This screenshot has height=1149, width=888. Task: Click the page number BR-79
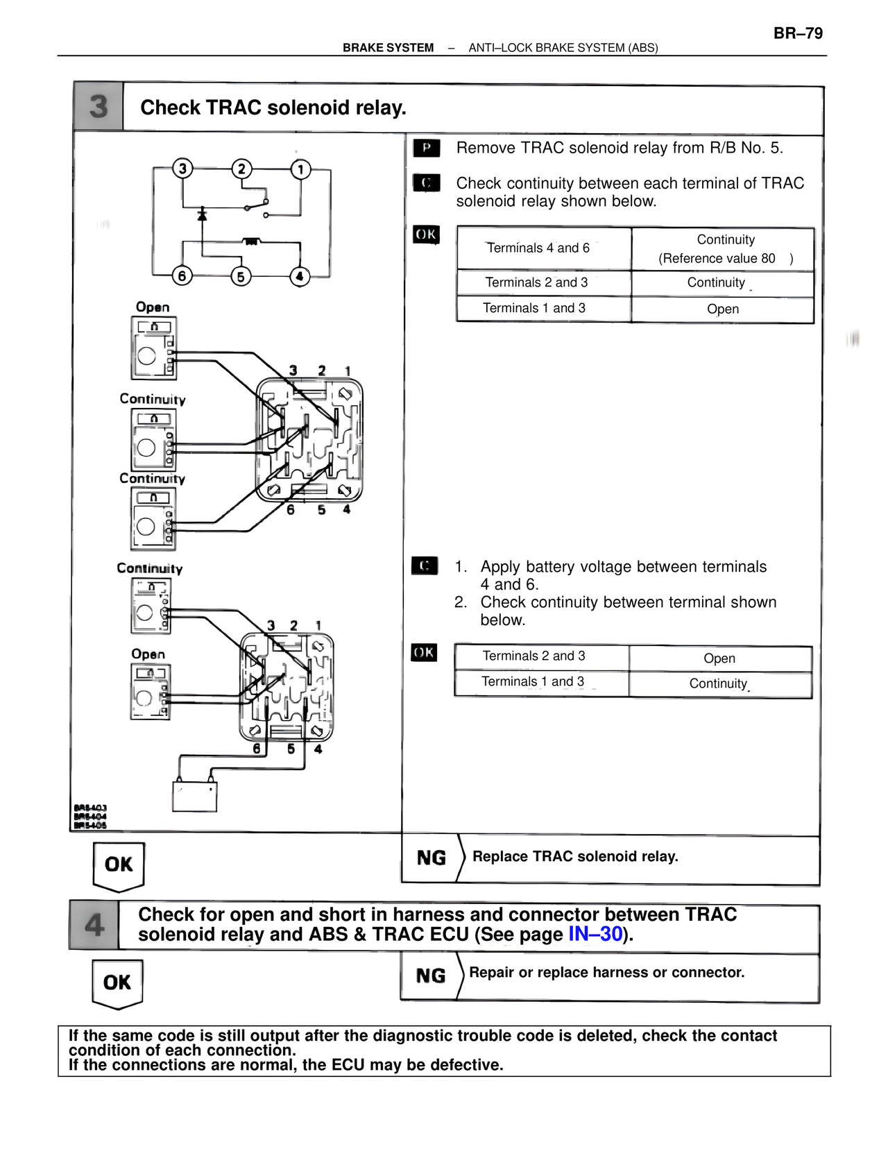[x=798, y=33]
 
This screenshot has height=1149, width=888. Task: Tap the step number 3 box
[x=99, y=106]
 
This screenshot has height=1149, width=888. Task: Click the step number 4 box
[x=94, y=925]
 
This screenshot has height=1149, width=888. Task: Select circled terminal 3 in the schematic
[x=182, y=169]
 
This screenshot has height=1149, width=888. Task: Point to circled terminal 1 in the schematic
[x=300, y=169]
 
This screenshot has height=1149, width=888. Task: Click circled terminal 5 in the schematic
[x=241, y=276]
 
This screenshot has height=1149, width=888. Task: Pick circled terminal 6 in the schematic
[x=182, y=276]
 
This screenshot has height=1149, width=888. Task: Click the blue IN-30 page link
[x=595, y=934]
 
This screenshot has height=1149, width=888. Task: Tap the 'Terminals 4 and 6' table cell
[x=538, y=248]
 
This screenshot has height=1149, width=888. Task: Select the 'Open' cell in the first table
[x=723, y=309]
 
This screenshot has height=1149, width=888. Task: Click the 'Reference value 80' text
[x=717, y=258]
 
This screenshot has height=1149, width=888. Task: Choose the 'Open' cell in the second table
[x=719, y=658]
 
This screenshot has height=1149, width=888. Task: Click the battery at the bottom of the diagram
[x=194, y=796]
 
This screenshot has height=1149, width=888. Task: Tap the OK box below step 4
[x=117, y=982]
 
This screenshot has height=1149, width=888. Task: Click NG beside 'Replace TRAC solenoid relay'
[x=431, y=858]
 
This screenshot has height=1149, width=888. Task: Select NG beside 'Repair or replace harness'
[x=430, y=976]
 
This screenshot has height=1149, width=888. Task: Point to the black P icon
[x=426, y=148]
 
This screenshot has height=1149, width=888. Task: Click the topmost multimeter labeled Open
[x=154, y=348]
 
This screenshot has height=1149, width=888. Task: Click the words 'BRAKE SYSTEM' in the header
[x=388, y=48]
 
